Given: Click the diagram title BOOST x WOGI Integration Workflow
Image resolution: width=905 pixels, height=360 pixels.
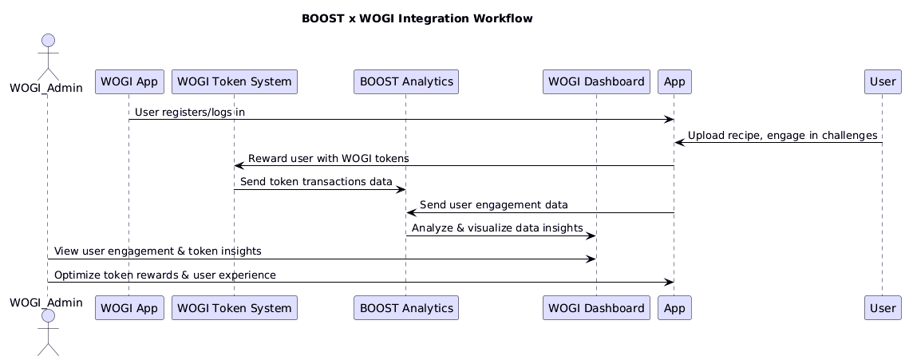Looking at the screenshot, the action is coord(417,18).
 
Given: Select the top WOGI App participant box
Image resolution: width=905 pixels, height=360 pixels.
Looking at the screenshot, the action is coord(129,81).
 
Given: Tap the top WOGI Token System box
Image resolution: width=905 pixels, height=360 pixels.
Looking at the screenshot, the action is coord(235,81).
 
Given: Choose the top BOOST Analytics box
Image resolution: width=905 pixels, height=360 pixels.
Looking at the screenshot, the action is coord(406,81).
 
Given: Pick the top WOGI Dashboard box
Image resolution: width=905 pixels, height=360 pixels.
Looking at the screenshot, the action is coord(596,81).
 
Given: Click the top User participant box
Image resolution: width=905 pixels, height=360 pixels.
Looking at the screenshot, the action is coord(883,81).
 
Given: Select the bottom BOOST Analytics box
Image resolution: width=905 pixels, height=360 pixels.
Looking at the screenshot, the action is coord(406,307).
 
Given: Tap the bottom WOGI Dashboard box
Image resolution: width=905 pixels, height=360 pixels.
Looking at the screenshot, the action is coord(596,307).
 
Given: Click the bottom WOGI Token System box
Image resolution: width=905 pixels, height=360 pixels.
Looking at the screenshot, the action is coord(235,307).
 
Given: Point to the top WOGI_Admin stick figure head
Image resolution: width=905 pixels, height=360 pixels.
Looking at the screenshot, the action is coord(49,41).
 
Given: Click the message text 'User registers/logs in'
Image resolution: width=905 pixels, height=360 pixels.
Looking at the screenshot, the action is coord(190,112).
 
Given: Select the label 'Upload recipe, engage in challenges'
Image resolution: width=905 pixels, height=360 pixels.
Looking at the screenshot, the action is coord(783,136).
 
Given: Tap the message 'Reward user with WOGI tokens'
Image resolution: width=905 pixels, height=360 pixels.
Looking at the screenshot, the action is coord(329,158).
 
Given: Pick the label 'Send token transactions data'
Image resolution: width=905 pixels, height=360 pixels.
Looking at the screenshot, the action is coord(316,182).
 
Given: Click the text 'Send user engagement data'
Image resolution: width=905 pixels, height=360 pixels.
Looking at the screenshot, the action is coord(493,205).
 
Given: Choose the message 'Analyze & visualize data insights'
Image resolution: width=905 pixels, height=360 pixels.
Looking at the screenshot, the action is coord(497,227).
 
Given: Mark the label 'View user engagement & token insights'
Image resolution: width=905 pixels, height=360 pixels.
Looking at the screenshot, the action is coord(157,251).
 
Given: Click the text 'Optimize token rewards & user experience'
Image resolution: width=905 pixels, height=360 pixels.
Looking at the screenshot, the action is coord(165,275).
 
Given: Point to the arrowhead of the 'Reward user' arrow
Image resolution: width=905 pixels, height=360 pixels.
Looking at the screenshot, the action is coord(238,166).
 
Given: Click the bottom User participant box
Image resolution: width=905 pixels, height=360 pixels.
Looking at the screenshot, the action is coord(883,307).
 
